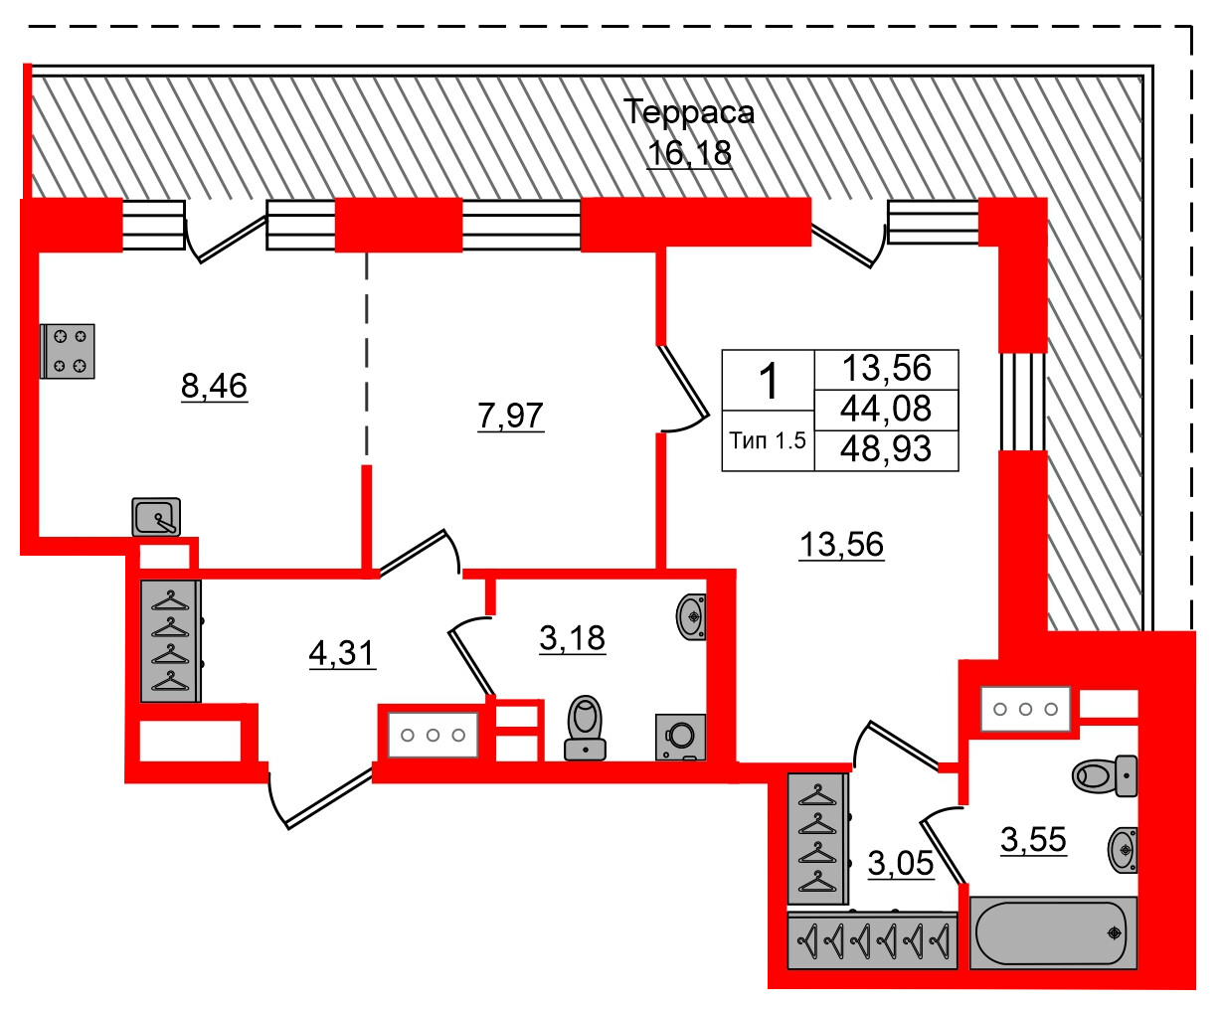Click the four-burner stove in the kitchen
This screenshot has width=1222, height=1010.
68,351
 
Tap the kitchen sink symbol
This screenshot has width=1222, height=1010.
156,516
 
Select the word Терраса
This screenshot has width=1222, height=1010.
689,112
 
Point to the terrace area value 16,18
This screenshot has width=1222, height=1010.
689,153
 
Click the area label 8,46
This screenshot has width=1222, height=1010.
214,385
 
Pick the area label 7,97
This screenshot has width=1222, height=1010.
511,415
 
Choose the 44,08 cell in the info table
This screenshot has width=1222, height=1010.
886,409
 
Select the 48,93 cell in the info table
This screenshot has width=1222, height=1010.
886,449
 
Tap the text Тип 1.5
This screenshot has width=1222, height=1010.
768,440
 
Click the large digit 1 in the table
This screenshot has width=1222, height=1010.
769,381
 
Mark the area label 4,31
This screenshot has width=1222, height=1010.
342,653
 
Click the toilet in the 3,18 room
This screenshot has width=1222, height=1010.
586,729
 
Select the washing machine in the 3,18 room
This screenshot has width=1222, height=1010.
681,737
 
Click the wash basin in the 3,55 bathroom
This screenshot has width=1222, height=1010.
1123,850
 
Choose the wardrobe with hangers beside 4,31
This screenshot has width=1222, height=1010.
171,640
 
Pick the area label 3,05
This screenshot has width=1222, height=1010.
901,863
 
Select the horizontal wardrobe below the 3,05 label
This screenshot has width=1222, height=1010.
872,939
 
